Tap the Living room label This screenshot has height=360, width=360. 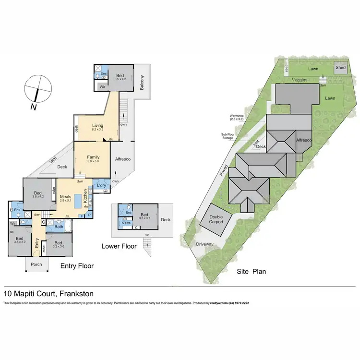tap(98, 126)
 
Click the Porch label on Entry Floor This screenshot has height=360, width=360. tap(36, 264)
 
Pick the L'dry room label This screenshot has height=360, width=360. tap(101, 185)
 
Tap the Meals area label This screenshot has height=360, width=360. tap(65, 196)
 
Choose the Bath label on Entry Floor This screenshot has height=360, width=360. tap(59, 227)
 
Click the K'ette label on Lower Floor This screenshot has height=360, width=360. tap(127, 223)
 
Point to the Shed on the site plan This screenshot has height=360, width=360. tap(340, 68)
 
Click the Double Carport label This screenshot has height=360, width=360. tap(216, 220)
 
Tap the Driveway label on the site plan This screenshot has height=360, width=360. tap(204, 244)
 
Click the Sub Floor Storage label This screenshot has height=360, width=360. tap(227, 136)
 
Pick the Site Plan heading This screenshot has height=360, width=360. tap(252, 272)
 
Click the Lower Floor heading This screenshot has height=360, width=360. tap(119, 246)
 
